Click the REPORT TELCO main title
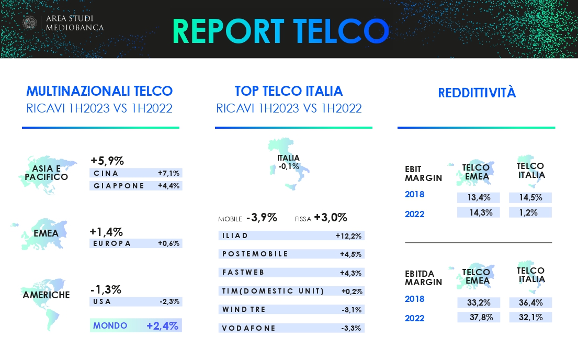(280, 31)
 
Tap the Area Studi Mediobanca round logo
(29, 23)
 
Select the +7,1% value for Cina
(168, 173)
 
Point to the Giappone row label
(119, 186)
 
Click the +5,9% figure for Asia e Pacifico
(107, 161)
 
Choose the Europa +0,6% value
(168, 243)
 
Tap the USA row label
(102, 301)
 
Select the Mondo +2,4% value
(162, 325)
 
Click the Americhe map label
(46, 295)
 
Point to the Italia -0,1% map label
(289, 162)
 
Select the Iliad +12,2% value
(348, 236)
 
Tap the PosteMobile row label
(255, 254)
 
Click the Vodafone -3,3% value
(351, 328)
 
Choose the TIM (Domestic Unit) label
(273, 291)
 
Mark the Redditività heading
(477, 92)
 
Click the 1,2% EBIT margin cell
(528, 212)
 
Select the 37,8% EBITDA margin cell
(481, 317)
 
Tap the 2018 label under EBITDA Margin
(414, 299)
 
